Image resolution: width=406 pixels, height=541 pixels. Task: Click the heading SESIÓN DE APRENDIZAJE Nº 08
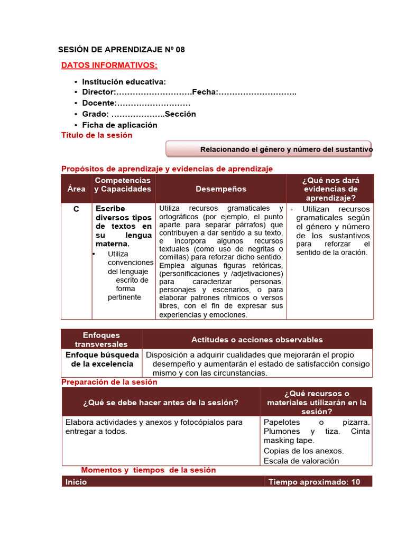point(122,50)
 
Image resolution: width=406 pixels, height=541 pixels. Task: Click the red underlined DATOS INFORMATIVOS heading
point(109,65)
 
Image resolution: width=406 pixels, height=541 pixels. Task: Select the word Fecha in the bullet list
point(205,92)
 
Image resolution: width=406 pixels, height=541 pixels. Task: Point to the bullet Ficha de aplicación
point(119,125)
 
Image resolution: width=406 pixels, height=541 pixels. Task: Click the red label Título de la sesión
point(97,135)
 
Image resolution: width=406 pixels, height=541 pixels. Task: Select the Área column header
point(76,189)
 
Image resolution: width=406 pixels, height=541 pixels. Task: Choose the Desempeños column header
point(221,189)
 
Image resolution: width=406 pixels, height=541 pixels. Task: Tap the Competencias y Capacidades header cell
point(123,185)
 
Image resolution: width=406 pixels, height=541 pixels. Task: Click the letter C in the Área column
point(76,209)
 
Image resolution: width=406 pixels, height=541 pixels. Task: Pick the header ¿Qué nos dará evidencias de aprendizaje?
point(331,189)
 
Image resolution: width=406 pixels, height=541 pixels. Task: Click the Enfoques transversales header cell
point(101,340)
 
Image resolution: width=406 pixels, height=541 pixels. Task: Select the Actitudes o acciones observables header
point(257,340)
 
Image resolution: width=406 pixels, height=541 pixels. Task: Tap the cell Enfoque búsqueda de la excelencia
point(101,359)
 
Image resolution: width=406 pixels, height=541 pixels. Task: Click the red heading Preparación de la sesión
point(109,382)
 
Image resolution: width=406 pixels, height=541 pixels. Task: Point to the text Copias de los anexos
point(303,451)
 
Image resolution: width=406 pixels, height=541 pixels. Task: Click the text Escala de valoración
point(301,461)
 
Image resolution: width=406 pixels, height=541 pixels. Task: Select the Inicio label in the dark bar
point(76,482)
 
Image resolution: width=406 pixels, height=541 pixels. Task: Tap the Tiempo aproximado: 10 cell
point(314,482)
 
